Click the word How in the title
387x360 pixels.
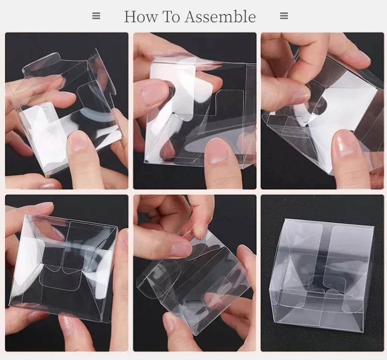coord(141,17)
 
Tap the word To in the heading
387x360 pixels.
coord(171,17)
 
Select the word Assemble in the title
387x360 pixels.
coord(220,17)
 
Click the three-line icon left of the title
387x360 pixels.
coord(96,16)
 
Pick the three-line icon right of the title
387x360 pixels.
coord(284,16)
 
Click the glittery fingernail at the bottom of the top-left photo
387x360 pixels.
coord(49,186)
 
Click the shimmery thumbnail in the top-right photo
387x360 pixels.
coord(344,143)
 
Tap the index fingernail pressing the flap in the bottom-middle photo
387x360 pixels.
coord(182,249)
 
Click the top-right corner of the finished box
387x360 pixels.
coord(374,226)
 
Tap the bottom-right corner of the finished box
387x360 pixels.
coord(363,332)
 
